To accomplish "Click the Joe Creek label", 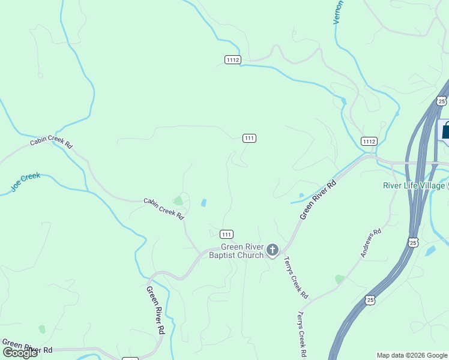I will [x=25, y=182].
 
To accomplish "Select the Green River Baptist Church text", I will [x=242, y=251].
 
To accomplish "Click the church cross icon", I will [x=273, y=250].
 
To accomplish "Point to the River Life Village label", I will [x=414, y=185].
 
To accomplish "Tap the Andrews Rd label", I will [x=370, y=243].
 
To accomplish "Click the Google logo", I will [x=19, y=353].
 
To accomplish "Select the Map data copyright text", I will [x=412, y=355].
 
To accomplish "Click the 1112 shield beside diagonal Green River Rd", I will [x=369, y=141].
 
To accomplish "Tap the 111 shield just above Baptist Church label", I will [x=226, y=234].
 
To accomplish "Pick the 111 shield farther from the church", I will [x=250, y=138].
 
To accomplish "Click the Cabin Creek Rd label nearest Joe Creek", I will [x=51, y=145].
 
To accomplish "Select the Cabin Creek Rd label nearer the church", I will [x=163, y=208].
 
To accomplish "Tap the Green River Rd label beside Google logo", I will [x=28, y=346].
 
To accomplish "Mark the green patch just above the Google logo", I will [x=41, y=329].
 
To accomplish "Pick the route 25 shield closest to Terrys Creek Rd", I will [x=370, y=299].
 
